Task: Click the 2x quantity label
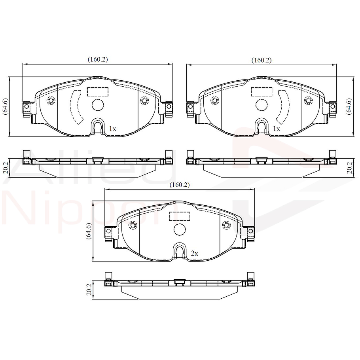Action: [x=194, y=253]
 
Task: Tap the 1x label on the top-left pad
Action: [x=112, y=129]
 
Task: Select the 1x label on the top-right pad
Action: [x=277, y=129]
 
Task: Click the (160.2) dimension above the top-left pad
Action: [x=98, y=59]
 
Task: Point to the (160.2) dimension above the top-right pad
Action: [x=261, y=60]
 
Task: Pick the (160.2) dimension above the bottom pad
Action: [x=180, y=185]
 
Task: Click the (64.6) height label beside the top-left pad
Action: [x=5, y=106]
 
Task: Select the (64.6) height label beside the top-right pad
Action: [x=349, y=106]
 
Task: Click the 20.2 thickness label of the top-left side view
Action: [x=5, y=168]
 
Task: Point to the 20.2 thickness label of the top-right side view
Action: [x=349, y=168]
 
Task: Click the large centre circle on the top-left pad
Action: [x=97, y=105]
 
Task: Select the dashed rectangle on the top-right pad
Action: [x=261, y=92]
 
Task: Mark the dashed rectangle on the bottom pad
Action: [x=180, y=216]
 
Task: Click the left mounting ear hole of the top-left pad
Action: [x=27, y=107]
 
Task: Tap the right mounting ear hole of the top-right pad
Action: [x=332, y=107]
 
